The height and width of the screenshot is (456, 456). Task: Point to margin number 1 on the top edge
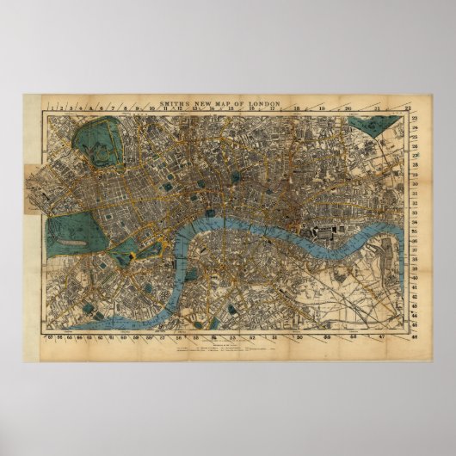pos(54,108)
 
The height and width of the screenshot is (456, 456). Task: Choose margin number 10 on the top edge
pos(150,108)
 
